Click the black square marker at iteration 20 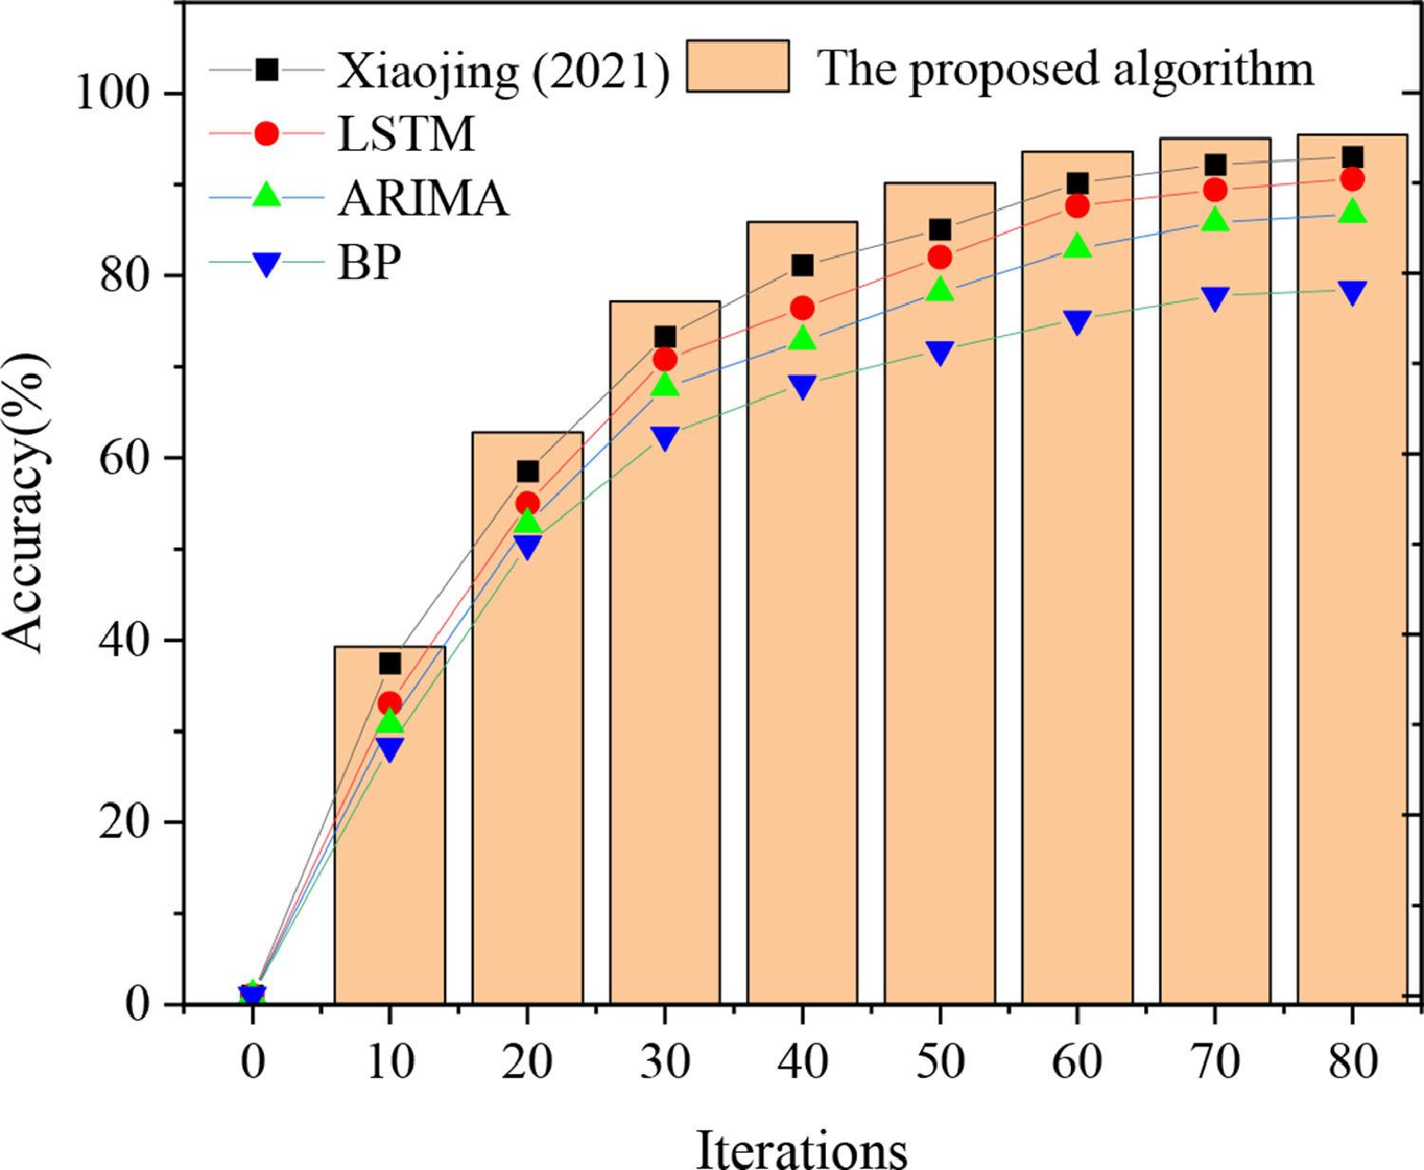[527, 472]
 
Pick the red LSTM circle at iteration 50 [940, 257]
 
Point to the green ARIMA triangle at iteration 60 [1077, 247]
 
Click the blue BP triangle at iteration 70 [1215, 298]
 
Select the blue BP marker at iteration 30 [665, 438]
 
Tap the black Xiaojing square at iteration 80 [1352, 158]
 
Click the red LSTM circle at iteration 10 [389, 704]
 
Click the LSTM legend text [406, 135]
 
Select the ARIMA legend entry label [422, 199]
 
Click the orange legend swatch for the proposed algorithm [738, 66]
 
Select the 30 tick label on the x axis [665, 1062]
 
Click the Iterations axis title [802, 1147]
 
